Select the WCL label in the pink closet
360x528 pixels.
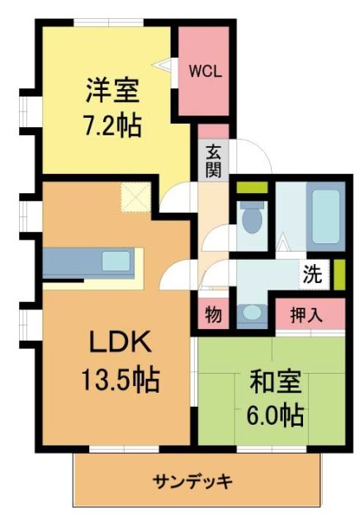point(205,71)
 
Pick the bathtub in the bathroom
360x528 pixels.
point(326,216)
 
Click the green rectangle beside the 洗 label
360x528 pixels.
point(339,272)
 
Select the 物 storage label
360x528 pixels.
point(213,315)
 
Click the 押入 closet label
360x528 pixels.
point(306,314)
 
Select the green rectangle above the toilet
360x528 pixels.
point(252,187)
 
